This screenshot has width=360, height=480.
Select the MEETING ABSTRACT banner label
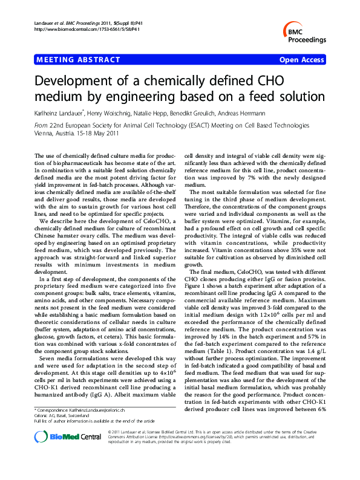[68, 60]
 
